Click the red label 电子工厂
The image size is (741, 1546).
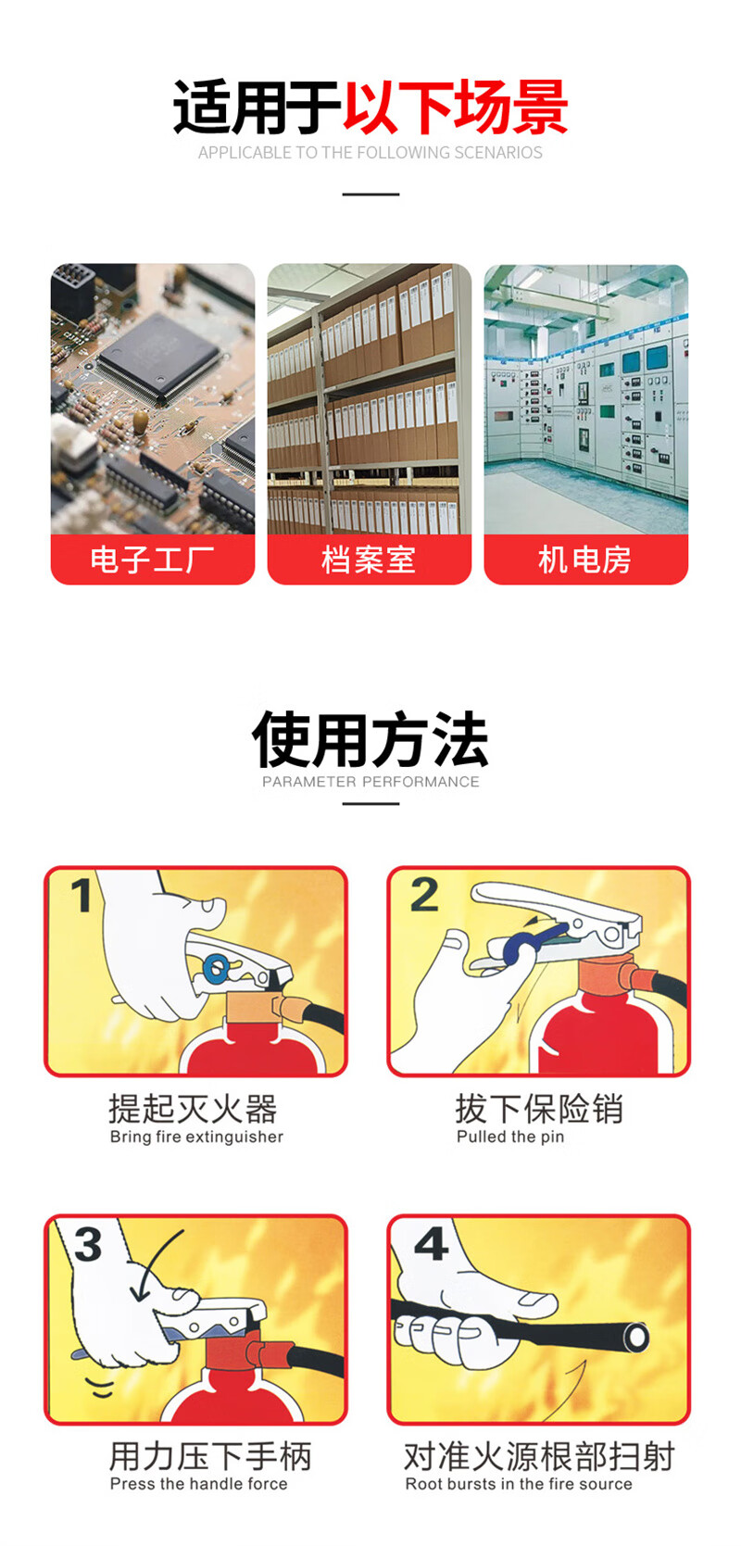153,559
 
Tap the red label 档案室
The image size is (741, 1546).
370,559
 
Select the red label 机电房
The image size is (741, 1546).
585,559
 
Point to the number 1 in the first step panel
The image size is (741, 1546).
82,895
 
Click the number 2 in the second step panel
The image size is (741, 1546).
424,895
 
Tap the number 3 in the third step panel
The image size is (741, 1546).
88,1244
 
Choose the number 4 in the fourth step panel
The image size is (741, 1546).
432,1244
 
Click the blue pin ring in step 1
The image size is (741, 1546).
216,967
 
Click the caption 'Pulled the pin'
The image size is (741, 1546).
510,1137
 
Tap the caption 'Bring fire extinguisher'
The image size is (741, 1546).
196,1137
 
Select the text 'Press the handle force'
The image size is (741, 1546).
199,1484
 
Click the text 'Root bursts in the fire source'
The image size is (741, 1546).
519,1484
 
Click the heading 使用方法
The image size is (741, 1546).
370,740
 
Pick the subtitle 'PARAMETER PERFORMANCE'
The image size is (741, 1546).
370,782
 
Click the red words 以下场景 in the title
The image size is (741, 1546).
456,107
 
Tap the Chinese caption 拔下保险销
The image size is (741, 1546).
539,1109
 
